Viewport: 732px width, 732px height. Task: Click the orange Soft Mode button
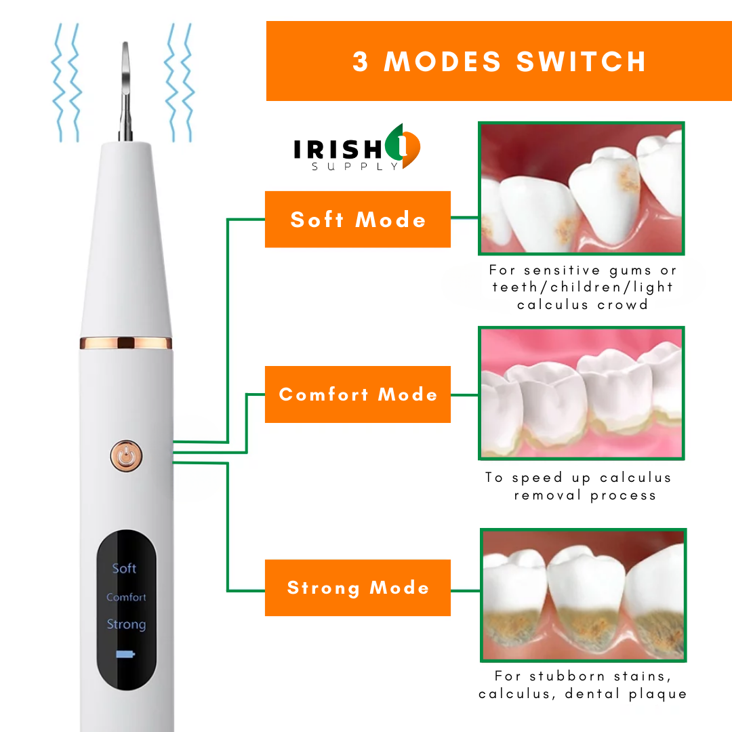pyautogui.click(x=358, y=219)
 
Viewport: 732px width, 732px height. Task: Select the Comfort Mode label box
pyautogui.click(x=358, y=394)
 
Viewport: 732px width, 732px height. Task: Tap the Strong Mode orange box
pyautogui.click(x=358, y=588)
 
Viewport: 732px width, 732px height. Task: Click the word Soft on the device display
pyautogui.click(x=124, y=568)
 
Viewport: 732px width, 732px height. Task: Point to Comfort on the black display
pyautogui.click(x=126, y=597)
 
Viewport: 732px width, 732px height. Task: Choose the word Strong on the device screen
pyautogui.click(x=126, y=624)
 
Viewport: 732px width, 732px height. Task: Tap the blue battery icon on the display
pyautogui.click(x=125, y=654)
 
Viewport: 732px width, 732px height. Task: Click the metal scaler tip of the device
pyautogui.click(x=125, y=91)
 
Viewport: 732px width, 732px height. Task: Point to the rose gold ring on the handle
pyautogui.click(x=126, y=343)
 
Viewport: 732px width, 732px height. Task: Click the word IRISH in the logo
pyautogui.click(x=338, y=150)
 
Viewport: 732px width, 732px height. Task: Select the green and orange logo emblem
pyautogui.click(x=403, y=146)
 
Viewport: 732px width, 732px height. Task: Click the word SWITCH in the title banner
pyautogui.click(x=582, y=62)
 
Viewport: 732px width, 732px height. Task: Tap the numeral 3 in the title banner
pyautogui.click(x=360, y=62)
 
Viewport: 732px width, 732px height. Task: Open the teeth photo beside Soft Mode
pyautogui.click(x=582, y=188)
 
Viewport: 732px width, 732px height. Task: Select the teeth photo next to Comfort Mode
pyautogui.click(x=582, y=393)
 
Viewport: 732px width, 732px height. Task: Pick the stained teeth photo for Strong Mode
pyautogui.click(x=583, y=595)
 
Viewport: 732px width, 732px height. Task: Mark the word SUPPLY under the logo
pyautogui.click(x=355, y=167)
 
